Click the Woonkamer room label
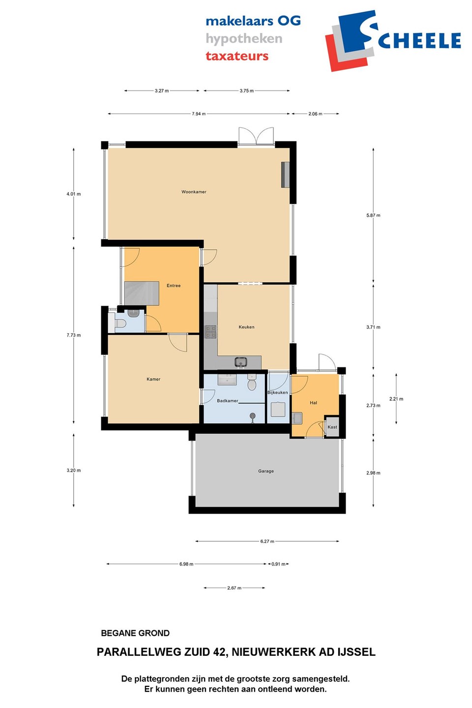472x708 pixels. [194, 192]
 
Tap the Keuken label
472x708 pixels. [246, 327]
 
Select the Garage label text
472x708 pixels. [265, 471]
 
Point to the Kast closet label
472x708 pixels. [332, 427]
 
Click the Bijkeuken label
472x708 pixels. [278, 392]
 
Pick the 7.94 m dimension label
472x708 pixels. [199, 114]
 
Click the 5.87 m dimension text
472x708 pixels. [373, 215]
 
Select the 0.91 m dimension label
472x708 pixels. [278, 564]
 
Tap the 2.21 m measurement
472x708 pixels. [396, 399]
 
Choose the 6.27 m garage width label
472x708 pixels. [267, 541]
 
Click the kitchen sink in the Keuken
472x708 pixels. [241, 362]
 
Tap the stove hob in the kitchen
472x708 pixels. [211, 331]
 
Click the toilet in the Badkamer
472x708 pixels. [252, 382]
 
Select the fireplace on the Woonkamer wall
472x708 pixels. [285, 175]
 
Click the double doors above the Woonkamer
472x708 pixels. [256, 136]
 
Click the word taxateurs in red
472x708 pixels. [237, 56]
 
